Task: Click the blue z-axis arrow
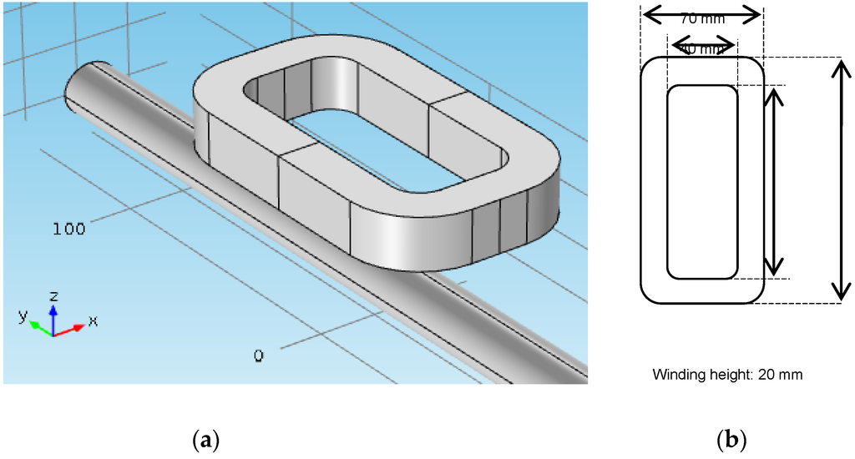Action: pyautogui.click(x=53, y=317)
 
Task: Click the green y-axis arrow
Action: pyautogui.click(x=39, y=327)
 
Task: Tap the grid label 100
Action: pyautogui.click(x=68, y=229)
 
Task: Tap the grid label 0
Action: pyautogui.click(x=259, y=356)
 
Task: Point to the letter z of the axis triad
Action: pyautogui.click(x=53, y=295)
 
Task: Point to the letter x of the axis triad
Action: pyautogui.click(x=93, y=320)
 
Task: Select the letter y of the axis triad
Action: pyautogui.click(x=23, y=315)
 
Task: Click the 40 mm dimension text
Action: pyautogui.click(x=702, y=49)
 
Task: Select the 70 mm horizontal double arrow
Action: pyautogui.click(x=701, y=13)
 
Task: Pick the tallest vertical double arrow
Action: pyautogui.click(x=841, y=180)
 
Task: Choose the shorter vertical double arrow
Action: pyautogui.click(x=776, y=182)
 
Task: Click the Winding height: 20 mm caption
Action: pyautogui.click(x=727, y=375)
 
